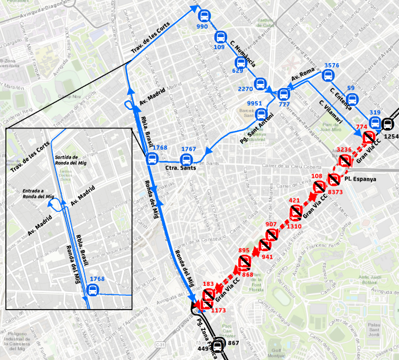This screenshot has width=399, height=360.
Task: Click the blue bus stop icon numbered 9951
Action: point(261,114)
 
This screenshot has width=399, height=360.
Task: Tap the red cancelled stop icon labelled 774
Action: point(369,137)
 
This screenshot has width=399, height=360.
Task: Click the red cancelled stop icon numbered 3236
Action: point(347,161)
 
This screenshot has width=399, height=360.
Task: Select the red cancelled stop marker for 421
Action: point(296,212)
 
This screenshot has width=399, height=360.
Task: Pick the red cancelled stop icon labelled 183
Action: point(209,295)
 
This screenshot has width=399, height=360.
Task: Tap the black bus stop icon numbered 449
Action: point(217,347)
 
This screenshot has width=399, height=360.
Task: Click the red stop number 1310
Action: point(294,226)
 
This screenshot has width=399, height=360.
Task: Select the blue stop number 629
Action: point(238,71)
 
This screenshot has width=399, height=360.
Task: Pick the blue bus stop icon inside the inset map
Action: point(92,291)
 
